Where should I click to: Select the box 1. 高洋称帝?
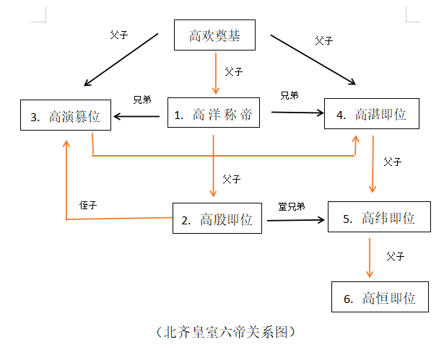(213, 114)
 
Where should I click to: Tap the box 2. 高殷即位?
(219, 219)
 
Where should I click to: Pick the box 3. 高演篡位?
(66, 115)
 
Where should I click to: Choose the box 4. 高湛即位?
(371, 114)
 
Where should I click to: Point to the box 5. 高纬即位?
(378, 217)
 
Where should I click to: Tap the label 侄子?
(88, 206)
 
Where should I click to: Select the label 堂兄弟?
(292, 206)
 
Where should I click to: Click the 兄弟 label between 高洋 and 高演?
(142, 100)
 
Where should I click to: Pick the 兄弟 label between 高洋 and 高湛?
(290, 95)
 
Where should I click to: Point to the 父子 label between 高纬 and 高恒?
(395, 256)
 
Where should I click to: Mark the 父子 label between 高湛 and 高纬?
(393, 162)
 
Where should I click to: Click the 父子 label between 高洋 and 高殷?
(232, 178)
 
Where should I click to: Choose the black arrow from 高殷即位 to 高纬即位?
(295, 219)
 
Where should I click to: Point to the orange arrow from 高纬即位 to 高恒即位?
(370, 257)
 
